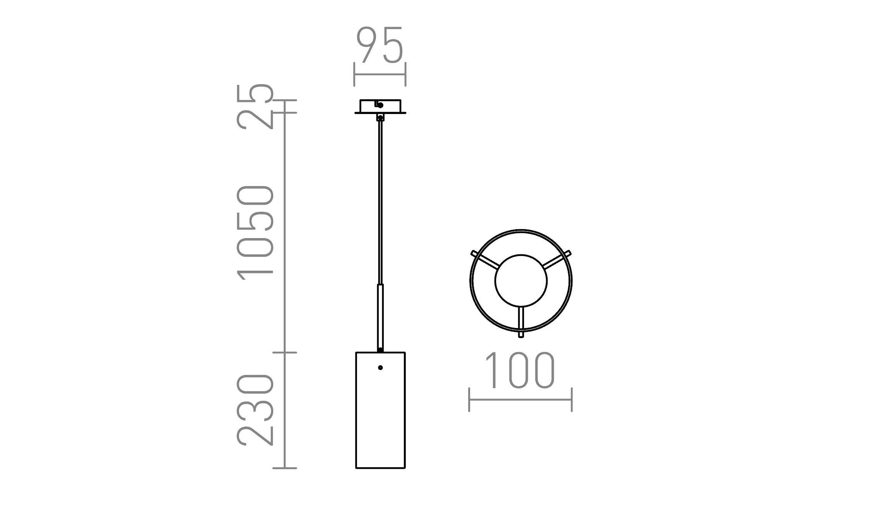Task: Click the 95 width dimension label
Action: (x=380, y=45)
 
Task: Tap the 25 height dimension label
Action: (x=255, y=107)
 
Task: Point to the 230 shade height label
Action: (x=255, y=410)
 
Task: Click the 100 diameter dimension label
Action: (x=520, y=370)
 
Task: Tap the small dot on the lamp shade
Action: (x=380, y=368)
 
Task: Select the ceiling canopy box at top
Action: (x=380, y=106)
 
